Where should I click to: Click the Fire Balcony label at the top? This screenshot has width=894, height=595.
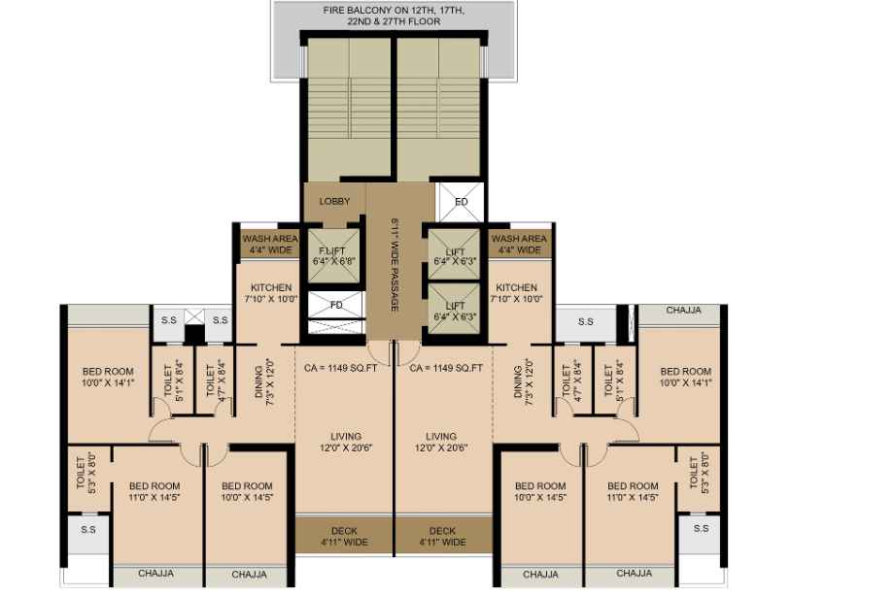(x=394, y=16)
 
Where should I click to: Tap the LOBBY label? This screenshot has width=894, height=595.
(x=334, y=201)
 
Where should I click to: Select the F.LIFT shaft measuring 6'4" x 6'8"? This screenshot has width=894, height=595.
(x=334, y=255)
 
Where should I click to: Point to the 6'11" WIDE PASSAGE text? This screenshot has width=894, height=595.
(x=395, y=265)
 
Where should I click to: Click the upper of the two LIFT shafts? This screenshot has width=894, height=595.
(x=455, y=255)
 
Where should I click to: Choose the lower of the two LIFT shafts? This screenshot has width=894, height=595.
(x=455, y=311)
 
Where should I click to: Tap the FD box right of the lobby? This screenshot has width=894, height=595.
(x=461, y=202)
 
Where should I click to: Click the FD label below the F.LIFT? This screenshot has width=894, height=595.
(x=336, y=305)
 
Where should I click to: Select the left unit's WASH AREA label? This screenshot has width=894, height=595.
(x=270, y=244)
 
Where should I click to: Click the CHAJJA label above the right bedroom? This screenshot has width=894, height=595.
(x=683, y=311)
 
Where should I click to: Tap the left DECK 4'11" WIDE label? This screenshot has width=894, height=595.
(x=344, y=537)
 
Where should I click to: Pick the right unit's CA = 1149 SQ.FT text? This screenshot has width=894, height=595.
(x=446, y=368)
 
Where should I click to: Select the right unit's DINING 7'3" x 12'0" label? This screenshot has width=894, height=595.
(x=524, y=381)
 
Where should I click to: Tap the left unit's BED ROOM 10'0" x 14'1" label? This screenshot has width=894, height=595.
(x=108, y=377)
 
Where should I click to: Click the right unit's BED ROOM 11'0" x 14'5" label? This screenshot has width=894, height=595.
(x=633, y=491)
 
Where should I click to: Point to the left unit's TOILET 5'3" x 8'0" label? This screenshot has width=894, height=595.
(x=86, y=472)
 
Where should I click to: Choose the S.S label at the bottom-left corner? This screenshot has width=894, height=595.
(x=88, y=530)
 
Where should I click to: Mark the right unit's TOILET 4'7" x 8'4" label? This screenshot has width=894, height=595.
(x=571, y=380)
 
